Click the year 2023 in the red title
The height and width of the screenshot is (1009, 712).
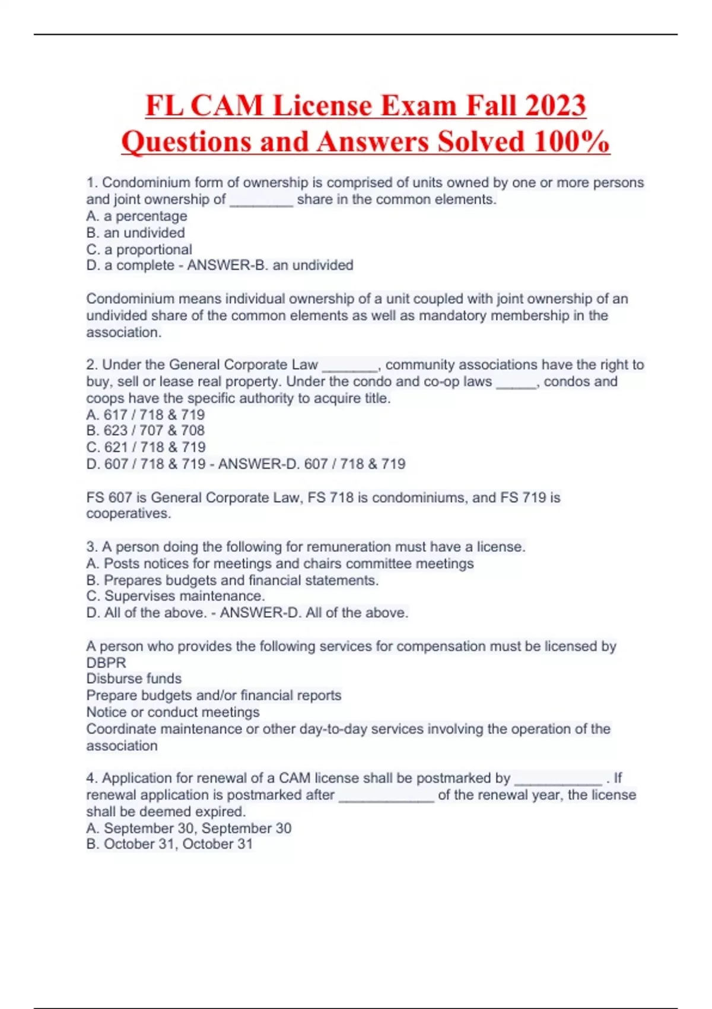555,106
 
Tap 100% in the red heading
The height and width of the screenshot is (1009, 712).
571,142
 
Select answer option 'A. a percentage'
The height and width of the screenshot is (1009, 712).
136,216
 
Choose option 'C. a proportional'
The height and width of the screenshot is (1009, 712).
139,249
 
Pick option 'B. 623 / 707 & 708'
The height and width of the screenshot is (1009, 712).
145,430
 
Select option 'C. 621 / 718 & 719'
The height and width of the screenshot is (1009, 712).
146,447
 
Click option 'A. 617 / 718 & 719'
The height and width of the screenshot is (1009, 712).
145,414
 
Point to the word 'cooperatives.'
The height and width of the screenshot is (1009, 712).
128,513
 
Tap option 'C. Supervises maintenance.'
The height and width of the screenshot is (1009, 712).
176,596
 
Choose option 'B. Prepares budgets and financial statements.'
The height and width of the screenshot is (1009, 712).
232,580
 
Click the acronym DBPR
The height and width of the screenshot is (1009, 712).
106,662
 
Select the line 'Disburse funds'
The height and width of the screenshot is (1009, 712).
134,678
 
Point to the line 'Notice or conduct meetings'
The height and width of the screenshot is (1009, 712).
173,712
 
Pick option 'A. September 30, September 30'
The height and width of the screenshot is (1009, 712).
189,828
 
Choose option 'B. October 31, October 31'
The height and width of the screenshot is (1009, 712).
169,844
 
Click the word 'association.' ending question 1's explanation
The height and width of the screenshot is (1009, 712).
123,332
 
